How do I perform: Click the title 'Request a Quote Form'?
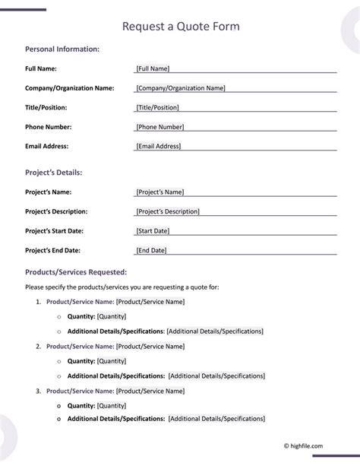point(181,27)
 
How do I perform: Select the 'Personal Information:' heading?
point(62,49)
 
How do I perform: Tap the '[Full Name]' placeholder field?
point(153,68)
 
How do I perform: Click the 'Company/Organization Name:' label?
point(70,88)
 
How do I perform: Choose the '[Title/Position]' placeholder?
point(157,108)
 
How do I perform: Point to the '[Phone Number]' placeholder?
point(159,127)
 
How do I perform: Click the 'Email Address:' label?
point(46,146)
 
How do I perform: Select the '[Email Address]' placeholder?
point(158,146)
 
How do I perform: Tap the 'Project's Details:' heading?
point(53,173)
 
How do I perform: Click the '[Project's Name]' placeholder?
point(159,192)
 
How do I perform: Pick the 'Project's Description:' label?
point(56,211)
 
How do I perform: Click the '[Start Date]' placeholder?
point(153,230)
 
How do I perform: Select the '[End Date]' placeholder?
point(151,250)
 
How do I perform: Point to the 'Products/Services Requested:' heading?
point(76,271)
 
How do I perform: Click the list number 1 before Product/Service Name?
point(38,302)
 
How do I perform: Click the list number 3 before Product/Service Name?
point(38,391)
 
